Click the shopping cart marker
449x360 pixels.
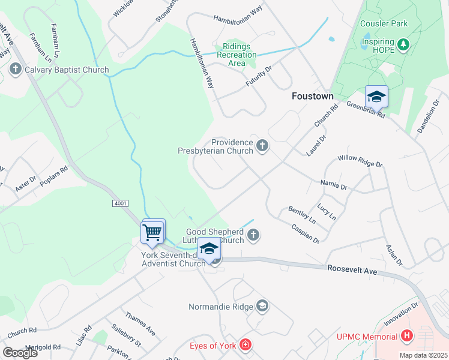(152, 232)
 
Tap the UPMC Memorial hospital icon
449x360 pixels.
(407, 335)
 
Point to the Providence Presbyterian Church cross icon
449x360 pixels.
(262, 145)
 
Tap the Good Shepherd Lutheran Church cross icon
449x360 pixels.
(253, 235)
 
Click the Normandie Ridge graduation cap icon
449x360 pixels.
(262, 307)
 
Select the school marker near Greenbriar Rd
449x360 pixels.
(376, 97)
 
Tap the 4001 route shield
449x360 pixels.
(120, 204)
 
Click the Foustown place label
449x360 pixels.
(312, 95)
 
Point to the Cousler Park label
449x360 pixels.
(384, 24)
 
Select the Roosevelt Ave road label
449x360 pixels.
(352, 271)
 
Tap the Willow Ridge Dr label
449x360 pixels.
(360, 161)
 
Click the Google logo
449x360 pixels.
(20, 353)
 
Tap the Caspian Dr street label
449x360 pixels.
(305, 233)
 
